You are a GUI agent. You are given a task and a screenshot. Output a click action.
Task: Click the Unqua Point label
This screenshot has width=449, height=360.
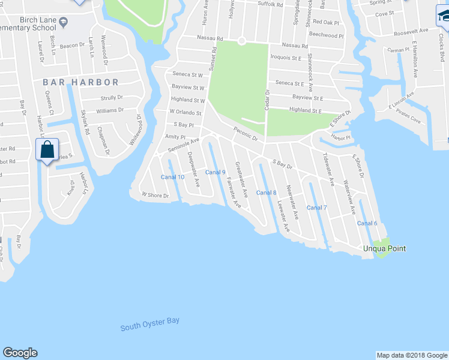(384, 248)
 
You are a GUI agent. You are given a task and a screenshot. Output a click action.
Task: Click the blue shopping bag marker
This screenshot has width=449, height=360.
(47, 149)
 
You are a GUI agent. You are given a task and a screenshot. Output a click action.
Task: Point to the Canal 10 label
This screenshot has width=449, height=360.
(172, 177)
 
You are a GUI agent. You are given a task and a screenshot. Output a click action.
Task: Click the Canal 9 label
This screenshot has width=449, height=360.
(215, 173)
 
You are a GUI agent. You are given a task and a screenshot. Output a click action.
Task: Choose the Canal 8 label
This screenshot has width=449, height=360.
(266, 193)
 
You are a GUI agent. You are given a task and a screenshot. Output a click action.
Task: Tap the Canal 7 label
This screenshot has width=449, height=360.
(317, 208)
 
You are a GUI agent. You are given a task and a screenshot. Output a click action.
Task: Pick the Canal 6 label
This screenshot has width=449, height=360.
(367, 223)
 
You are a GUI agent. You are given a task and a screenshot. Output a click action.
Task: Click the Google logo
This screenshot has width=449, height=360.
(20, 353)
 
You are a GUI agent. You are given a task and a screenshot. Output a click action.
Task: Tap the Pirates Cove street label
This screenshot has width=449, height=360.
(408, 120)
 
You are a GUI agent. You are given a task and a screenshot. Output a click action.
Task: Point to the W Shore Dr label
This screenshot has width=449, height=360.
(155, 195)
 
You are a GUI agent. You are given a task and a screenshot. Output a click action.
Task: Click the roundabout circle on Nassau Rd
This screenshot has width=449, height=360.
(241, 41)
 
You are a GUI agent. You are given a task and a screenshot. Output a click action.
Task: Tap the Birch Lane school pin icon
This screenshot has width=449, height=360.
(64, 23)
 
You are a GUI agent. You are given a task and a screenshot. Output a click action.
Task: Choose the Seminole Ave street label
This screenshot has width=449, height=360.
(183, 144)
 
